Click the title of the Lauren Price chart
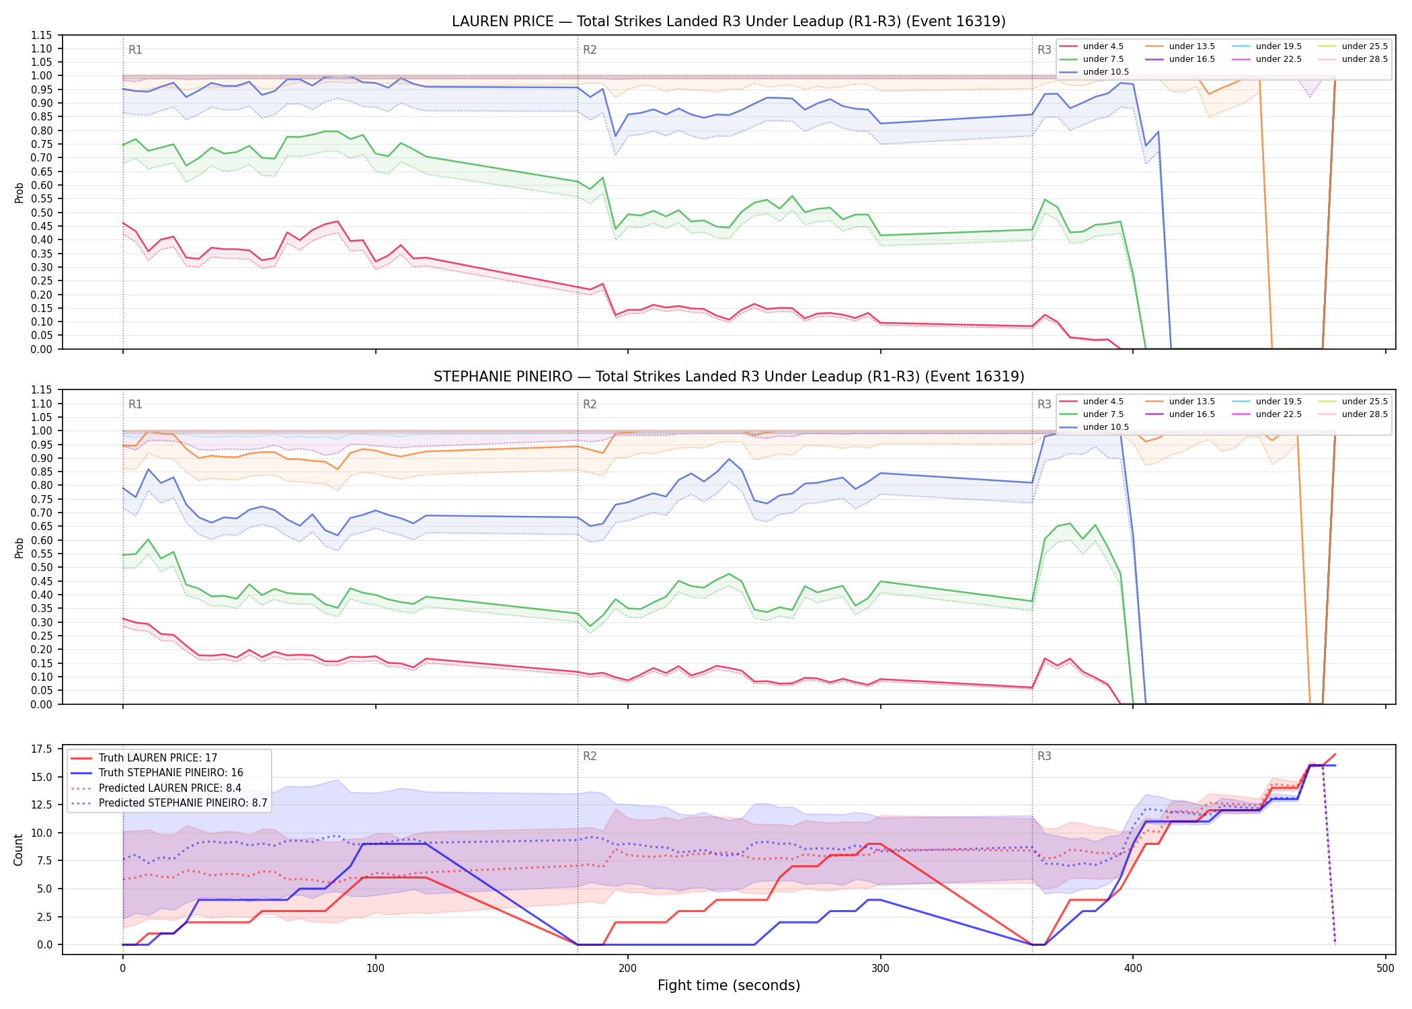click(729, 22)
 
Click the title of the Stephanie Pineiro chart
click(729, 377)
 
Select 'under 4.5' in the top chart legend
click(1103, 46)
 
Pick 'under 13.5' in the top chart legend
click(1192, 46)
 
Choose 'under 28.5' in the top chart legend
click(1365, 59)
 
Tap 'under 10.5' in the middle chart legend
click(1106, 427)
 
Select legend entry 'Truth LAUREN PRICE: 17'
click(158, 758)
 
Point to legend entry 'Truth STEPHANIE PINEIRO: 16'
click(171, 773)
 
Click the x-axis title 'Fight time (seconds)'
click(729, 985)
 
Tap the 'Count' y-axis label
click(18, 850)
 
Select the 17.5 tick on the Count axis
click(42, 749)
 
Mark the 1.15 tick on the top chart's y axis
click(42, 35)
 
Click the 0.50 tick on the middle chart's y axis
click(42, 568)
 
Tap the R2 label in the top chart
click(590, 50)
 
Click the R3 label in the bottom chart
click(1044, 756)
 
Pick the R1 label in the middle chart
click(135, 404)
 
